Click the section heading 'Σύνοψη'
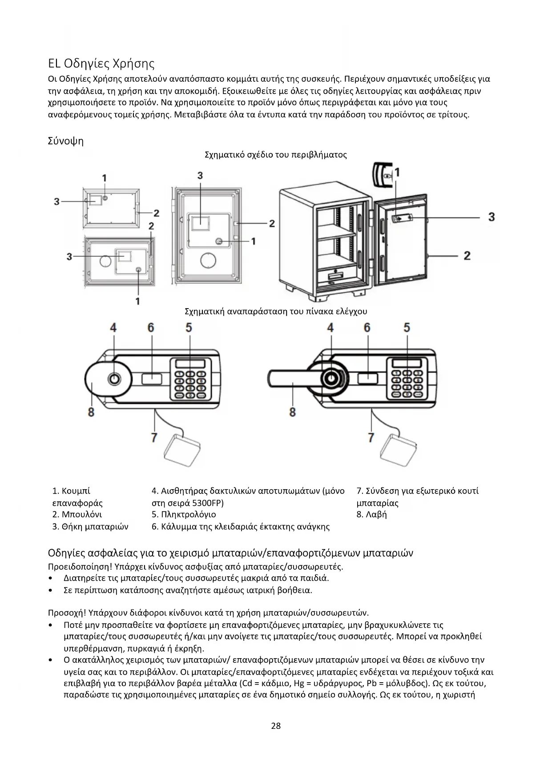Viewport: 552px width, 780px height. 65,141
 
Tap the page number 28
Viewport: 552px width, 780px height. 276,726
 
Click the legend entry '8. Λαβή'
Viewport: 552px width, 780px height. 371,515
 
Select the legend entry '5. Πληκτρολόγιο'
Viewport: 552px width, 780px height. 184,515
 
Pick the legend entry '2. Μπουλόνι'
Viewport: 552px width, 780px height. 77,515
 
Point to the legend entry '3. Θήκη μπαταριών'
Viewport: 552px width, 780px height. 90,527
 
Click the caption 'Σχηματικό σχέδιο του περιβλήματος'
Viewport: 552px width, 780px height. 275,155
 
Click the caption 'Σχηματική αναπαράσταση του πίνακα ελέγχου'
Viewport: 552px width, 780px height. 276,311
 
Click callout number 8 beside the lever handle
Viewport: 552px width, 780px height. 292,412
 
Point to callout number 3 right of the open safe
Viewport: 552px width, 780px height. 491,217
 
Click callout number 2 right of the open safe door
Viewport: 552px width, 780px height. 467,256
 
